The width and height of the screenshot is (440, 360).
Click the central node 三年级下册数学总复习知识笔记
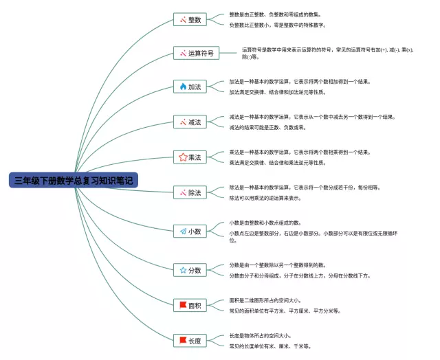coord(74,181)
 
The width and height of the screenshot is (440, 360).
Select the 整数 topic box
coord(190,20)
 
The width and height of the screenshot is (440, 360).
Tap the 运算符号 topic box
coord(195,53)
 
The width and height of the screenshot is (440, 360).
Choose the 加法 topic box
coord(190,87)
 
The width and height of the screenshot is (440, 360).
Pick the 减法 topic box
coord(190,122)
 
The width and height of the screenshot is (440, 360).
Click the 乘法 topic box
coord(190,157)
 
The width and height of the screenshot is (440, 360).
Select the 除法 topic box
coord(190,193)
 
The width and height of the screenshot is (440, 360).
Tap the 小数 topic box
coord(190,232)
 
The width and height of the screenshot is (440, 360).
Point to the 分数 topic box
coord(190,270)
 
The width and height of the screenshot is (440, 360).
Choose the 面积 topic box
coord(190,305)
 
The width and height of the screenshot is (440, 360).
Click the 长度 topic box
coord(190,340)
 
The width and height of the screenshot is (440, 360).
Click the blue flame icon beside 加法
coord(183,87)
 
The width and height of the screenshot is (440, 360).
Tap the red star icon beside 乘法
coord(183,157)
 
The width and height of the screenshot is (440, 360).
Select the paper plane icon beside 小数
coord(183,232)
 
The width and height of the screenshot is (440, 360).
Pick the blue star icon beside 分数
coord(183,270)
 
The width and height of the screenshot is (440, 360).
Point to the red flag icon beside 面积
coord(183,304)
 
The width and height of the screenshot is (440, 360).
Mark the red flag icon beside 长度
coord(183,339)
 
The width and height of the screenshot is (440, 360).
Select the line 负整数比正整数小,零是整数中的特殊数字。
coord(277,25)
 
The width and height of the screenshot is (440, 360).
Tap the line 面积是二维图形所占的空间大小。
coord(265,300)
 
